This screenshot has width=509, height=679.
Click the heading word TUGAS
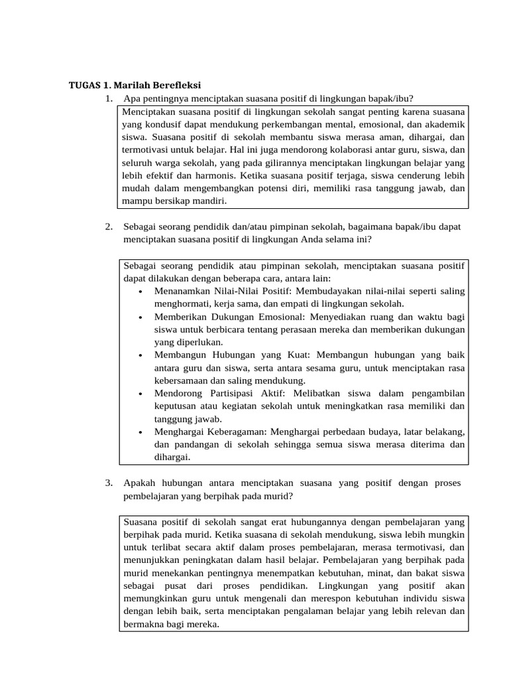[84, 86]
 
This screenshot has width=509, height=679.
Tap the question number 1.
[108, 99]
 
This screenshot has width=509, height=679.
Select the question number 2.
[108, 227]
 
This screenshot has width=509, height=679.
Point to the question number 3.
[108, 482]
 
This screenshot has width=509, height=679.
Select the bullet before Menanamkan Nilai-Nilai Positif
[142, 292]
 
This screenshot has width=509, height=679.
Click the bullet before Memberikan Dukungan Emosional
[142, 318]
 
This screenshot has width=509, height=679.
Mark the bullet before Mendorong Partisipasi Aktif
[142, 394]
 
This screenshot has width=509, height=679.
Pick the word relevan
[427, 611]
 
